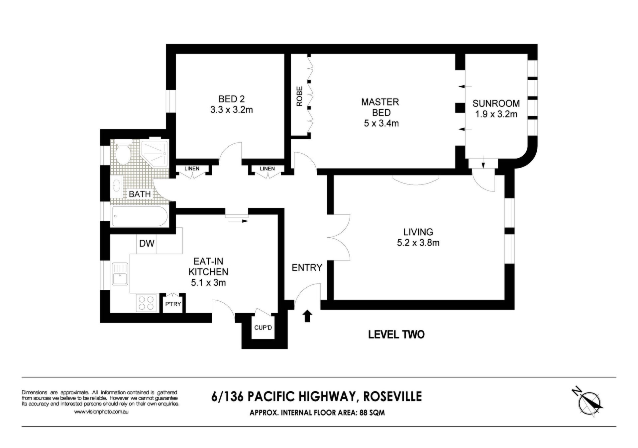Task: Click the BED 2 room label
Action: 232,99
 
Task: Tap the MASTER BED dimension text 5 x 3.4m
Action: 381,123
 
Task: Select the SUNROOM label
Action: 496,103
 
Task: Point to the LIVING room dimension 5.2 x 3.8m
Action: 418,243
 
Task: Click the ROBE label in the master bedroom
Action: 300,96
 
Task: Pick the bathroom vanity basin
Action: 117,186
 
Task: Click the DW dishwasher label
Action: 147,244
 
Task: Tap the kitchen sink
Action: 120,274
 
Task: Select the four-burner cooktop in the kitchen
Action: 146,303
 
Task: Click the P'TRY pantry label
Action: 173,304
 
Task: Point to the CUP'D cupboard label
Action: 263,328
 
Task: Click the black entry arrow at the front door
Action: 307,316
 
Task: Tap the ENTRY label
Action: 307,267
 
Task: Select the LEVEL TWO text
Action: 396,335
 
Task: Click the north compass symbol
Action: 588,403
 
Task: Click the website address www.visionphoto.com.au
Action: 101,412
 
